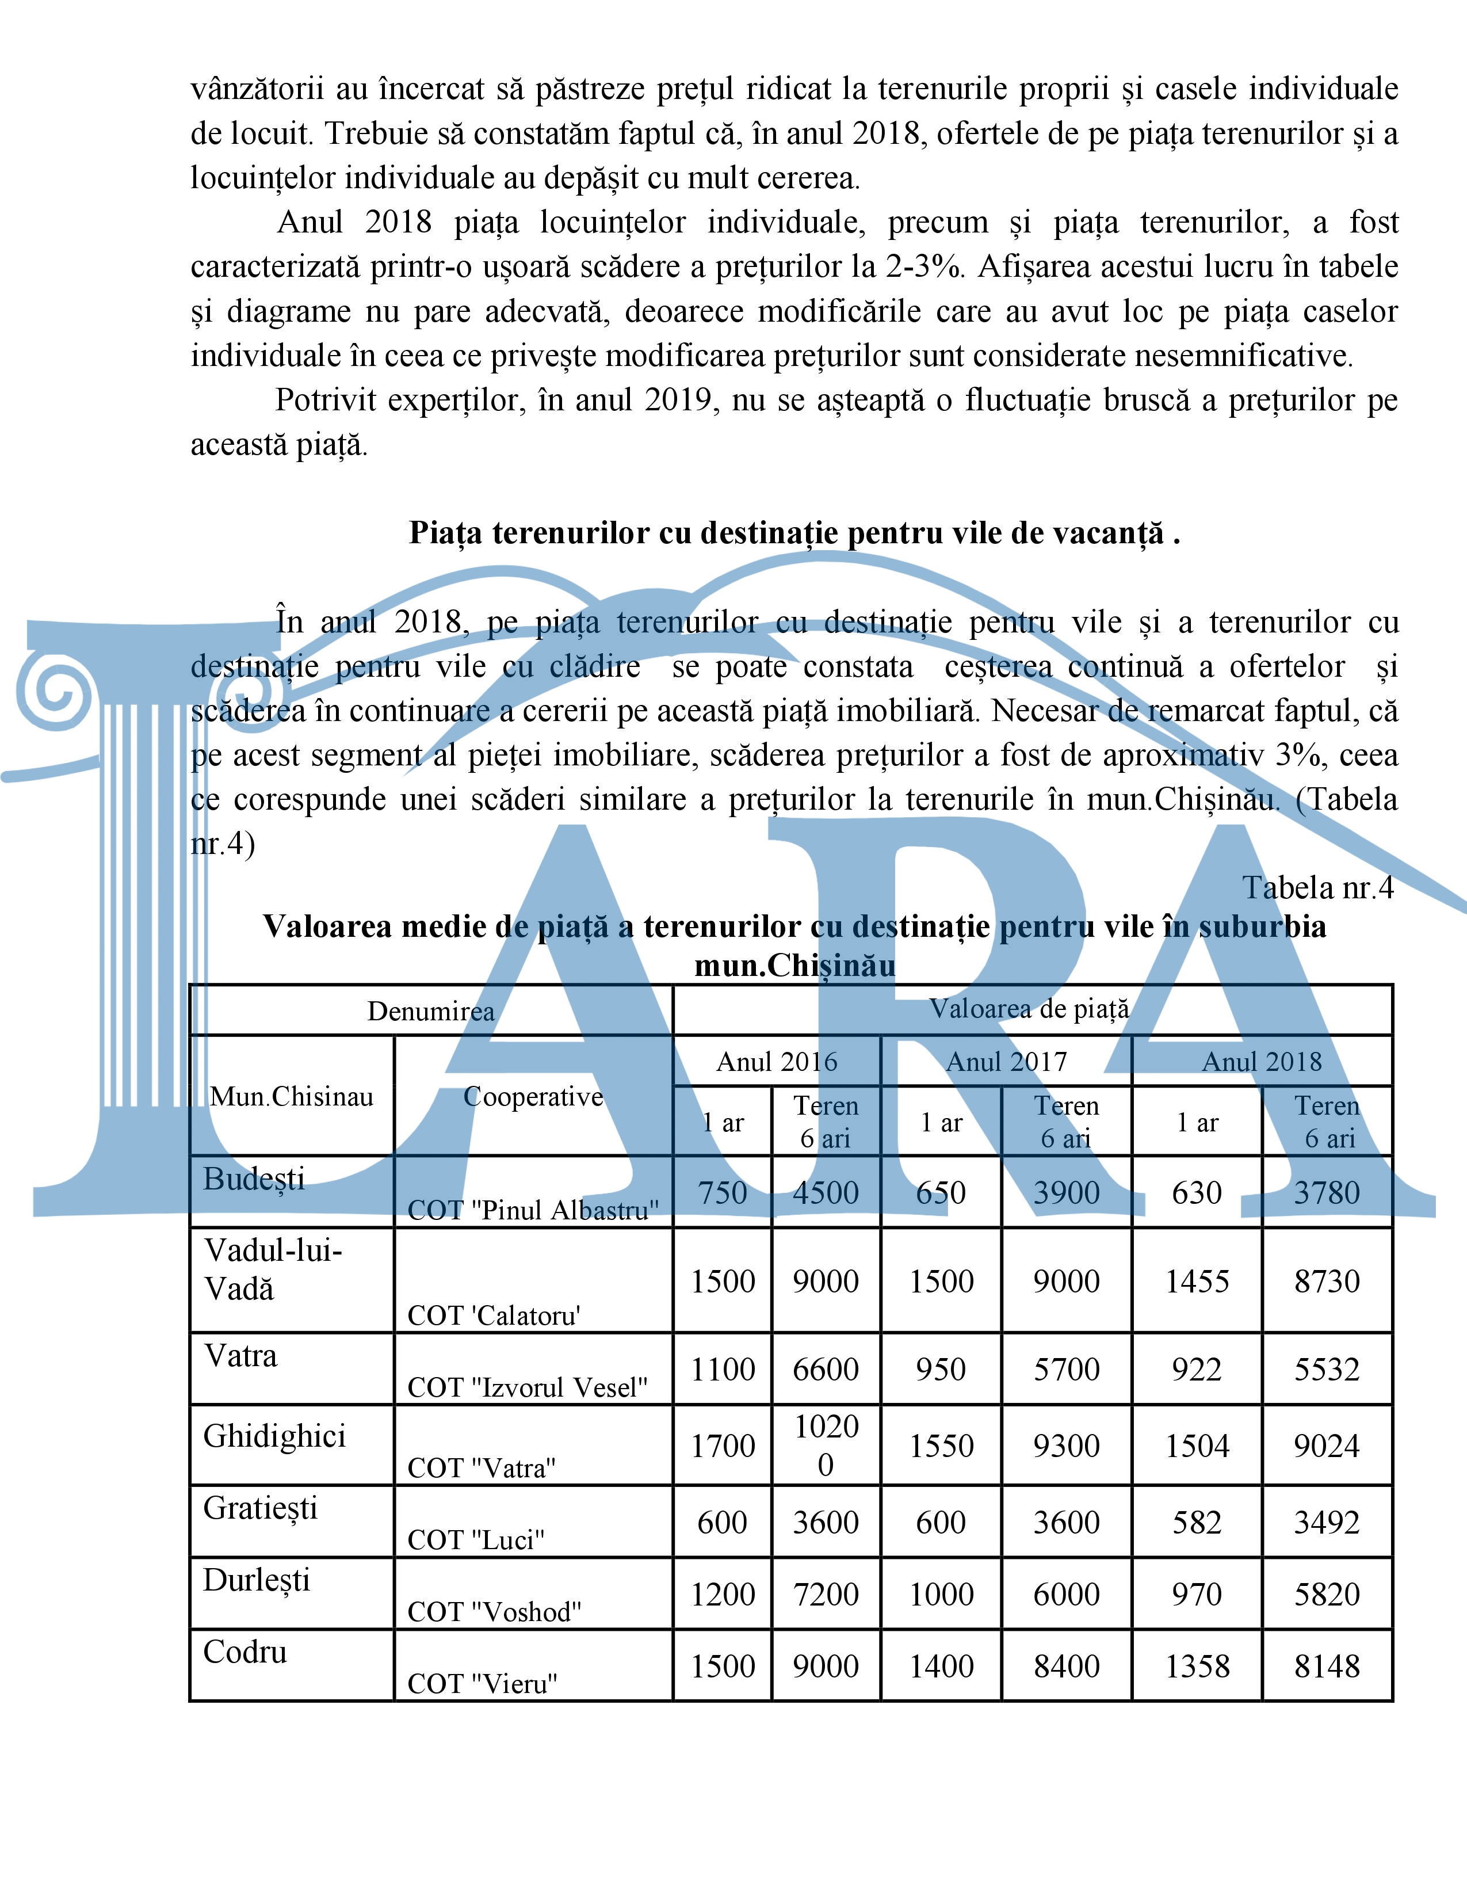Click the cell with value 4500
point(825,1192)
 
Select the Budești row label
point(254,1179)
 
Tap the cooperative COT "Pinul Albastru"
point(533,1210)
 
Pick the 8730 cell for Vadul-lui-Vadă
point(1326,1281)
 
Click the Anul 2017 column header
point(1006,1062)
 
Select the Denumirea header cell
point(430,1010)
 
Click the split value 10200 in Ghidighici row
point(826,1445)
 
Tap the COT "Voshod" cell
point(494,1611)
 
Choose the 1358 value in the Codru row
point(1197,1666)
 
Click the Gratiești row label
point(260,1508)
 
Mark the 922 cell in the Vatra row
point(1197,1370)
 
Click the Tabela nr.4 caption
point(1317,888)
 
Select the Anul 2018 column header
point(1261,1062)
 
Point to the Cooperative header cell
point(533,1096)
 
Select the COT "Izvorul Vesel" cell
point(528,1387)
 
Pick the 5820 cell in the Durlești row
point(1326,1594)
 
